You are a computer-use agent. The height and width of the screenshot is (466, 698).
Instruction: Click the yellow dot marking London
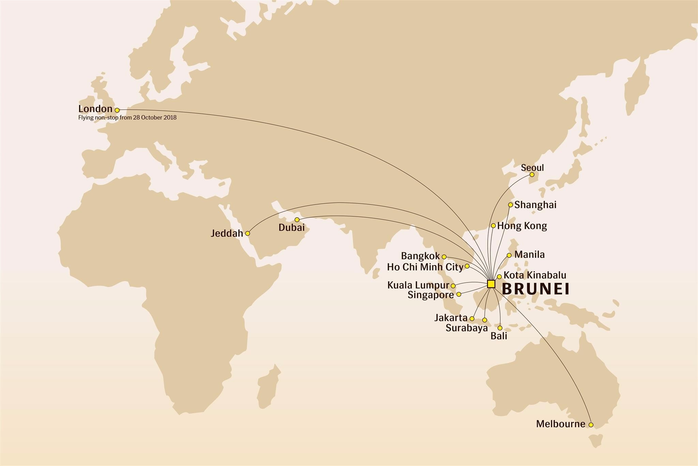(117, 110)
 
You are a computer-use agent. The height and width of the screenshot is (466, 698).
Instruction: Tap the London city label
(95, 109)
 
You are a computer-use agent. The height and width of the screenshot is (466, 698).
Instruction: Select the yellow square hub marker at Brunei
(491, 284)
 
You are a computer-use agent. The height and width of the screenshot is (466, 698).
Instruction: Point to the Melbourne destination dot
(591, 425)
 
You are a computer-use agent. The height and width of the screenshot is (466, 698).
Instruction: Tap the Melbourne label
(560, 424)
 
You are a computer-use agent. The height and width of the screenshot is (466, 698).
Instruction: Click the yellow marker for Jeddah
(248, 233)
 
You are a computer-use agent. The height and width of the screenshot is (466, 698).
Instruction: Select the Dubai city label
(291, 228)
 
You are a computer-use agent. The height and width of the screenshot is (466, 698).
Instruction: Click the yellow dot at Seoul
(532, 175)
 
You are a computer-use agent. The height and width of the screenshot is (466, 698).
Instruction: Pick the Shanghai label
(535, 205)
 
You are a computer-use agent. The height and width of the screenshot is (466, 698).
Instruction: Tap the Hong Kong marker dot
(493, 225)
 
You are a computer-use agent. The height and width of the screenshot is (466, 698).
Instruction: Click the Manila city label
(529, 254)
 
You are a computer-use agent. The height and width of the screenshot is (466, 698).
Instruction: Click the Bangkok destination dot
(444, 257)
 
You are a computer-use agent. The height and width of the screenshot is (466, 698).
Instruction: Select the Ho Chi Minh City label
(425, 267)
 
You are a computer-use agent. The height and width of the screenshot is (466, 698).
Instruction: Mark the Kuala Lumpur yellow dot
(453, 286)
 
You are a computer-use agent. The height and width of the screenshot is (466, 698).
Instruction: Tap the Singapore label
(430, 295)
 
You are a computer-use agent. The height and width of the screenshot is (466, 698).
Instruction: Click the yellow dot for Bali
(500, 328)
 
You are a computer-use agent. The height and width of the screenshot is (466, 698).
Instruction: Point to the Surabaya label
(467, 328)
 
